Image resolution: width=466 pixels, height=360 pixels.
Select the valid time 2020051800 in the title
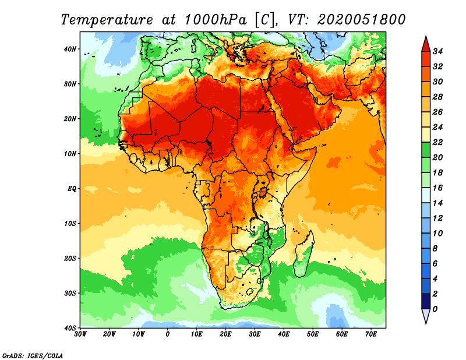tap(361, 19)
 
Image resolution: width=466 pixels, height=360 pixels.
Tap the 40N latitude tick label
tap(70, 49)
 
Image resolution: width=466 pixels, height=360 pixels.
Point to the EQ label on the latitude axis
tap(72, 189)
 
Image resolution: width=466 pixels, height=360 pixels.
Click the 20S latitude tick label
tap(70, 258)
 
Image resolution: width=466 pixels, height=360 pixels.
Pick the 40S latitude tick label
tap(70, 328)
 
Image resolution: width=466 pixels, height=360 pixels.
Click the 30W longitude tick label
tap(81, 335)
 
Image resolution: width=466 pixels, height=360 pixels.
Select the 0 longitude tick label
tap(168, 335)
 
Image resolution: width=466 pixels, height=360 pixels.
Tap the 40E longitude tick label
tap(284, 335)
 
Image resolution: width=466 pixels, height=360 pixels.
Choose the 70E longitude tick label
tap(370, 335)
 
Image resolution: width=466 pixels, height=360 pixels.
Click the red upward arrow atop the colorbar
tap(426, 44)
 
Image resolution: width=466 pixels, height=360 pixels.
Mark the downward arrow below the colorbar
tap(426, 316)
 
